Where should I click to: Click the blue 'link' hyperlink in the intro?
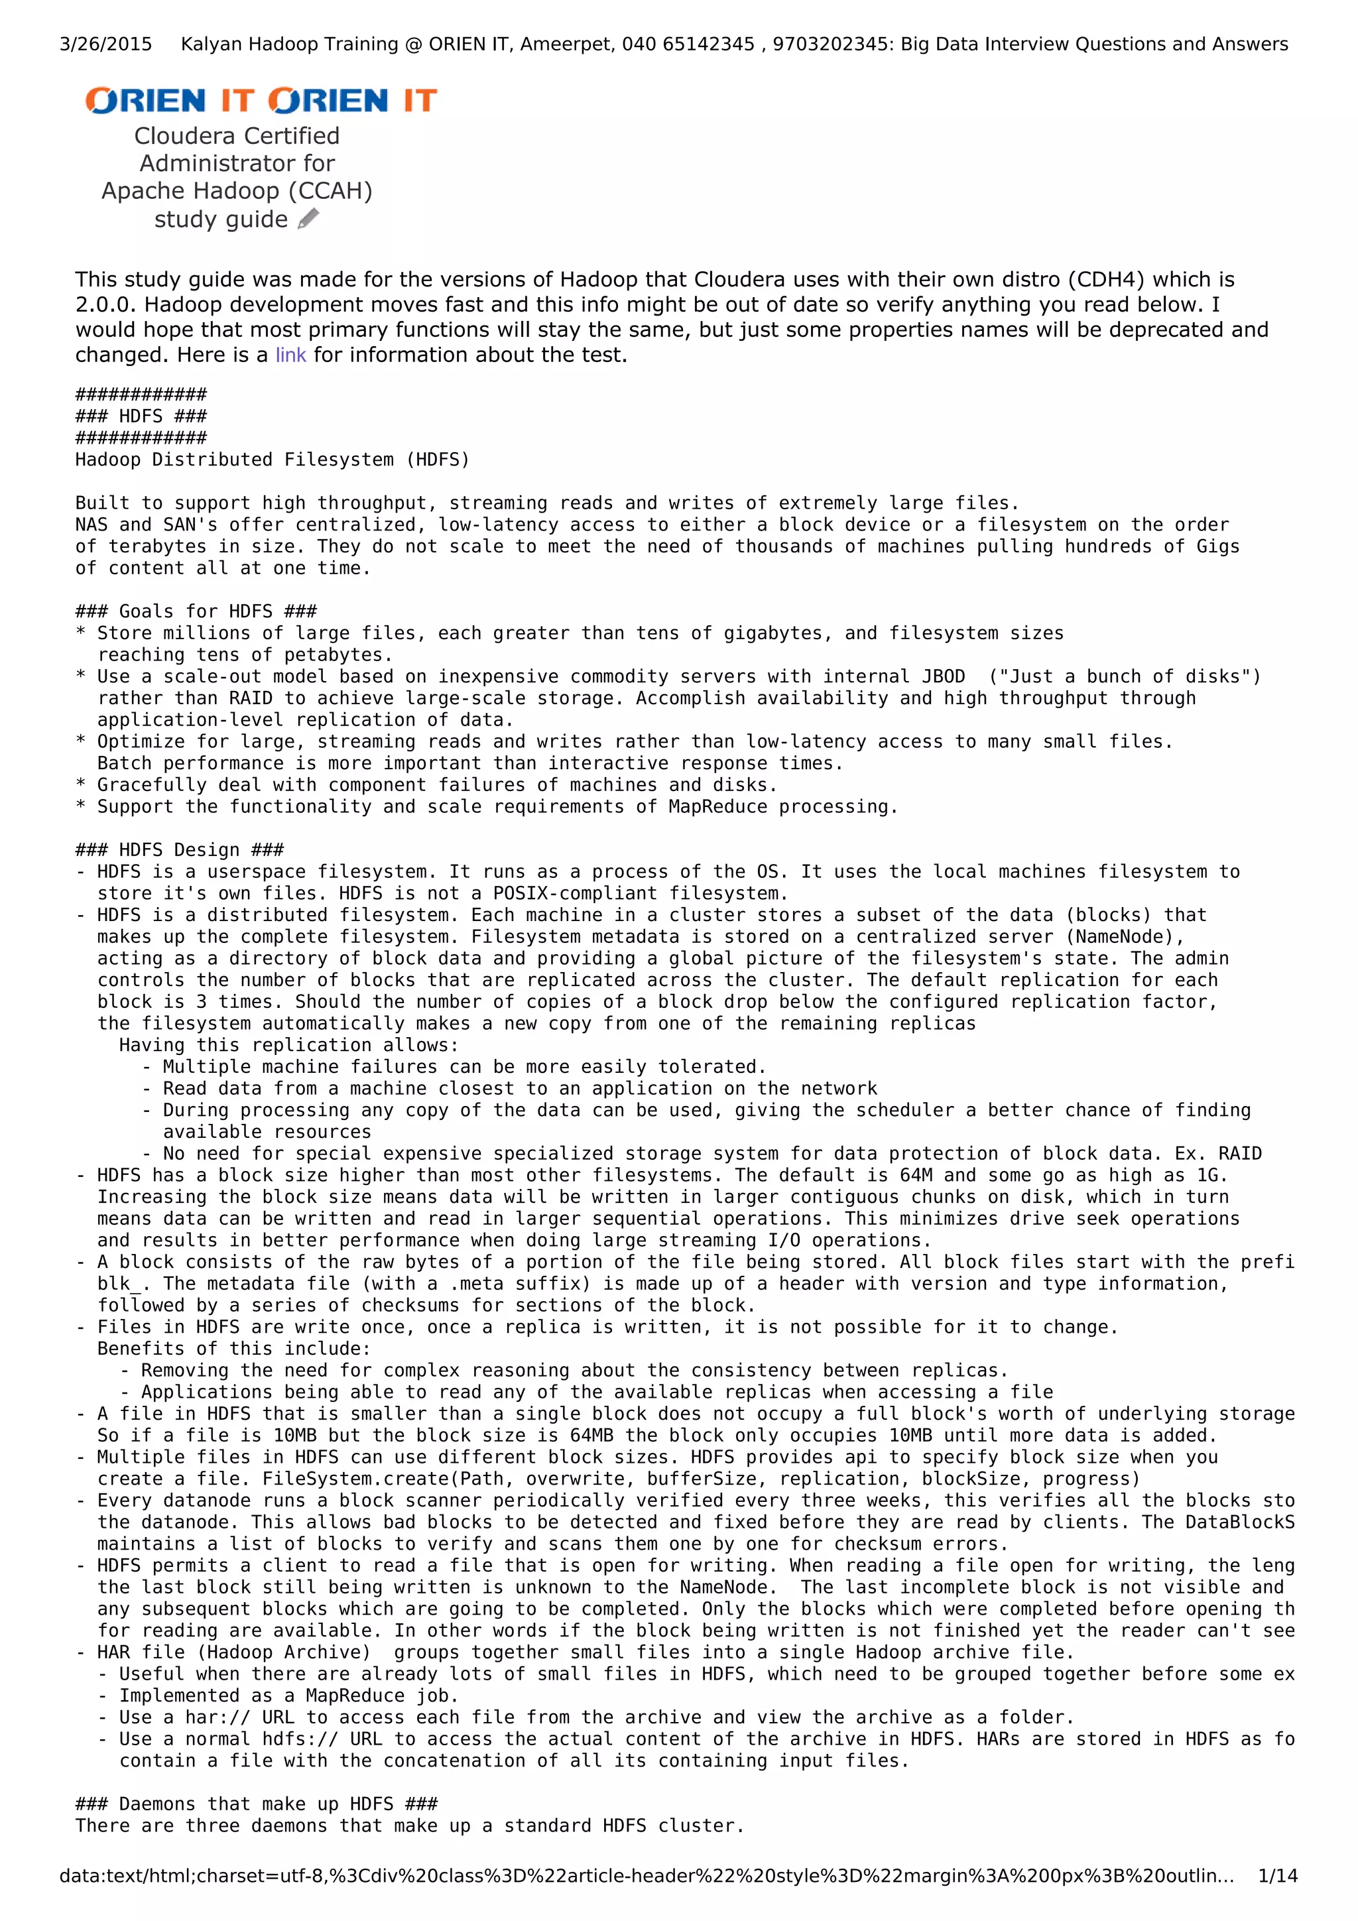coord(290,355)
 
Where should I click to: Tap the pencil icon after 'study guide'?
coord(308,219)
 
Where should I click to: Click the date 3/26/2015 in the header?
coord(105,44)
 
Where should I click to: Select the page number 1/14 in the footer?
coord(1278,1876)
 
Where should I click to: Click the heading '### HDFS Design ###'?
coord(179,850)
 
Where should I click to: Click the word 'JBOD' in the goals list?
coord(943,677)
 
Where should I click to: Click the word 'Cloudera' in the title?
coord(183,135)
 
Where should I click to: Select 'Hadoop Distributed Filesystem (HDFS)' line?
coord(273,460)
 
